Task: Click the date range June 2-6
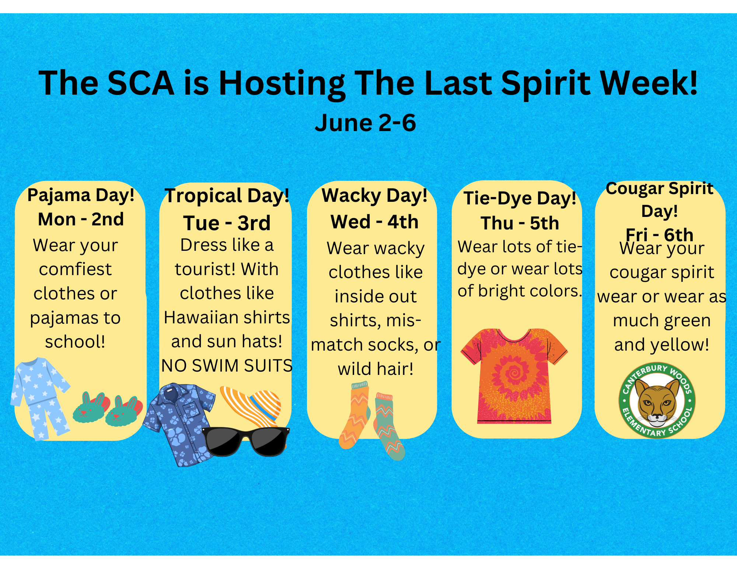(365, 123)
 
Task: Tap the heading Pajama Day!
(81, 195)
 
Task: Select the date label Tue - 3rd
(227, 223)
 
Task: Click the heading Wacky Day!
(374, 196)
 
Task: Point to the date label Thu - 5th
(520, 223)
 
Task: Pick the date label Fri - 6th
(659, 235)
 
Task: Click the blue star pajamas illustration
(40, 398)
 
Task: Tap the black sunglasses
(246, 441)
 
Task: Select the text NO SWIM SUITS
(227, 366)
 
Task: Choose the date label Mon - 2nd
(81, 219)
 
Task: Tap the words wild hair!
(376, 369)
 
